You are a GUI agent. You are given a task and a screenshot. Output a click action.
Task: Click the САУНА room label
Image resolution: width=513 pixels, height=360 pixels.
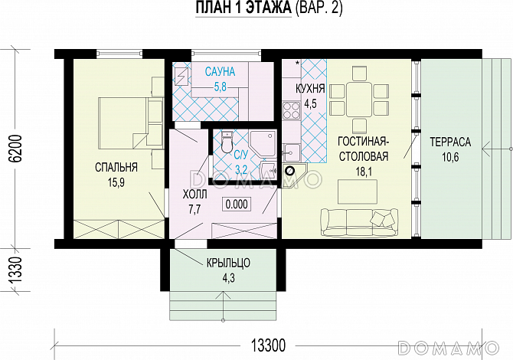[x=220, y=71]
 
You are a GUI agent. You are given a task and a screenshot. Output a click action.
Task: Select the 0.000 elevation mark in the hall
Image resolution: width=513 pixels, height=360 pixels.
[x=237, y=205]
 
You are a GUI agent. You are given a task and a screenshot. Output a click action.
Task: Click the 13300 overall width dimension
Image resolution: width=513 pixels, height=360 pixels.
[x=268, y=345]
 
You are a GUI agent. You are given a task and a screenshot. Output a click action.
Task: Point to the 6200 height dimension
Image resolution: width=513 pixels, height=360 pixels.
[x=15, y=148]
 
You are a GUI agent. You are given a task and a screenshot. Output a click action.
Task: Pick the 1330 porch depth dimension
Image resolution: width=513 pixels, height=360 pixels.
[x=15, y=270]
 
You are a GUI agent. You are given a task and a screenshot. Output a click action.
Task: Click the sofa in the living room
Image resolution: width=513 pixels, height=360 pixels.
[x=359, y=223]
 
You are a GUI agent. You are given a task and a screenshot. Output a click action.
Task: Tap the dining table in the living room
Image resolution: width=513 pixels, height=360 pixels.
[x=359, y=100]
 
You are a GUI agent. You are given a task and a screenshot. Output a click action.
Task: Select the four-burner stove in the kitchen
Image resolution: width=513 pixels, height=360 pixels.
[x=292, y=110]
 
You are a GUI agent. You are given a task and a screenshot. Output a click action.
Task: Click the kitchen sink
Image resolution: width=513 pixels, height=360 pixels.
[x=292, y=152]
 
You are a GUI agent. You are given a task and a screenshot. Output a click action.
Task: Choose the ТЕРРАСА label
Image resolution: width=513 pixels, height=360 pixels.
[x=450, y=142]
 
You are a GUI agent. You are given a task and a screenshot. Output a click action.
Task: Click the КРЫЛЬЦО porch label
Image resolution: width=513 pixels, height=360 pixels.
[x=229, y=263]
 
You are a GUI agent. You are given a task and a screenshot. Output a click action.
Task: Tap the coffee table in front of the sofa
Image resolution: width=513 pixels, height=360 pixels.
[x=358, y=191]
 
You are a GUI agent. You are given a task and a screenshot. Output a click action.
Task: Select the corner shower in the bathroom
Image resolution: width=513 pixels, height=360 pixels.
[x=263, y=143]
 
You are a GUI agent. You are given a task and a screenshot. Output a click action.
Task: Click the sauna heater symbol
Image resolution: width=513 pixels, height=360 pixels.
[x=182, y=77]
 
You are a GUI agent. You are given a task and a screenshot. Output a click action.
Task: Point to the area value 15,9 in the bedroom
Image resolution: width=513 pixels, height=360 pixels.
[x=116, y=182]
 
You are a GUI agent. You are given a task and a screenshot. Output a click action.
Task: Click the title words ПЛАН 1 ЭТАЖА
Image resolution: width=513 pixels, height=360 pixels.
[x=243, y=8]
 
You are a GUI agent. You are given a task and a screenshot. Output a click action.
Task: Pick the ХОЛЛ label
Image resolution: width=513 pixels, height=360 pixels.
[x=194, y=195]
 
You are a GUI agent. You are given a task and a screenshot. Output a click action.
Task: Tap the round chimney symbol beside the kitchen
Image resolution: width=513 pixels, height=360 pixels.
[x=290, y=171]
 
